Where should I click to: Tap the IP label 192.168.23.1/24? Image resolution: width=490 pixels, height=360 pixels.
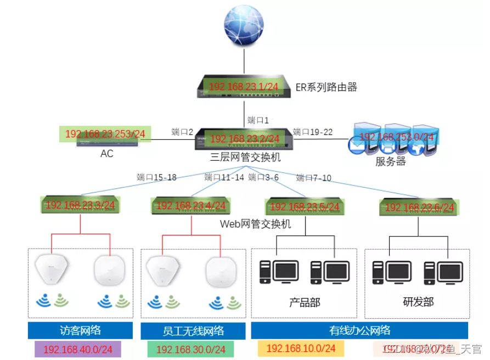[x=244, y=87]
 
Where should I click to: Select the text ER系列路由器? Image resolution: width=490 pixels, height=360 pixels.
[x=326, y=87]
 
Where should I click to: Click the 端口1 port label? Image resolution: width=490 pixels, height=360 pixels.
[x=258, y=120]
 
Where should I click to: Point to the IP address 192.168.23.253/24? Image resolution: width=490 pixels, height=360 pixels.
[x=105, y=134]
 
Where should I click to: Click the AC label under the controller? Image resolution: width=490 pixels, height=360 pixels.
[x=106, y=154]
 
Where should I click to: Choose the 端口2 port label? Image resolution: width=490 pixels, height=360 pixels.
[x=183, y=132]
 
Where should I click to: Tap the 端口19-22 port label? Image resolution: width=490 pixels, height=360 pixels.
[x=313, y=132]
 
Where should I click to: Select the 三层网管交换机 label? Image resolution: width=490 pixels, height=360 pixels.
[x=245, y=157]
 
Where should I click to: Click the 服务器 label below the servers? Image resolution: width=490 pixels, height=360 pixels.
[x=391, y=161]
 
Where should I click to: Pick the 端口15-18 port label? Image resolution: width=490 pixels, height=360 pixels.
[x=156, y=177]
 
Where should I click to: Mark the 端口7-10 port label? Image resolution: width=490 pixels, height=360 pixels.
[x=314, y=178]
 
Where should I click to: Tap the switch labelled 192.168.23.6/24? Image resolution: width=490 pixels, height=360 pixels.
[x=420, y=207]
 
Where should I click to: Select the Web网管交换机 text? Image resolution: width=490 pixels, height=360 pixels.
[x=255, y=224]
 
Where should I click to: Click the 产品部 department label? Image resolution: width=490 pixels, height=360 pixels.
[x=305, y=302]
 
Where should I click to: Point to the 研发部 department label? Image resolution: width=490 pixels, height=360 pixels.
[x=418, y=302]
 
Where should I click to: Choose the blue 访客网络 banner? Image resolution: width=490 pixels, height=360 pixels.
[x=80, y=330]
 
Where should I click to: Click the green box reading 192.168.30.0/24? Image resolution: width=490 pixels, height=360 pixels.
[x=190, y=350]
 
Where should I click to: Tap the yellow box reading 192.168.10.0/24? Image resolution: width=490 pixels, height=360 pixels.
[x=301, y=348]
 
